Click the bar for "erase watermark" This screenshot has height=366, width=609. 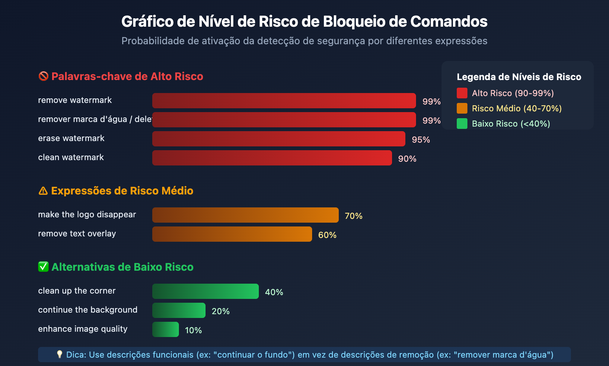tap(279, 139)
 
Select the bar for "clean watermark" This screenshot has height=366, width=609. tap(272, 158)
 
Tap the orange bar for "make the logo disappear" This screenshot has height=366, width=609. tap(245, 215)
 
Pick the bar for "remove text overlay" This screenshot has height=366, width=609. tap(232, 234)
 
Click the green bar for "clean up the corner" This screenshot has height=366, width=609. tap(205, 291)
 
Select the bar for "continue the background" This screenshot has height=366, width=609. tap(179, 310)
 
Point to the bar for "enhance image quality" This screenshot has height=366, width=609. tap(165, 329)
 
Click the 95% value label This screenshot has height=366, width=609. tap(421, 140)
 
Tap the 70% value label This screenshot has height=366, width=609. tap(353, 216)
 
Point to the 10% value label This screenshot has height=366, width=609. tap(193, 330)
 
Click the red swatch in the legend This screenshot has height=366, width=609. tap(462, 93)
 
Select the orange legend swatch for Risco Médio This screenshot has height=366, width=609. tap(462, 108)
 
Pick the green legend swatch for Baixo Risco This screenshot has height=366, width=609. tap(462, 124)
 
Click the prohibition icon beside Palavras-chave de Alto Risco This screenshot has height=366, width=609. tap(43, 76)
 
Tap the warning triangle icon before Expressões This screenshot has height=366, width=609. tap(43, 191)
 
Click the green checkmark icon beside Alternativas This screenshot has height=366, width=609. tap(43, 267)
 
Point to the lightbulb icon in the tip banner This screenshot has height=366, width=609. tap(59, 355)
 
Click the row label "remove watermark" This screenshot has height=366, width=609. tap(75, 100)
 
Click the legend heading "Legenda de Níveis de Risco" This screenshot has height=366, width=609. tap(519, 77)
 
